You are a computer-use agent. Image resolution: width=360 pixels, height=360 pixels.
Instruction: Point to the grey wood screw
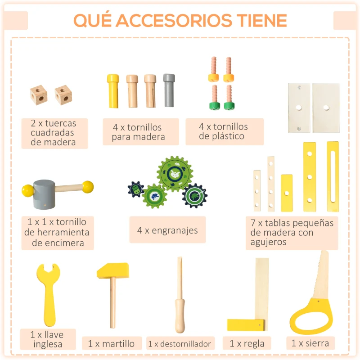click(x=169, y=90)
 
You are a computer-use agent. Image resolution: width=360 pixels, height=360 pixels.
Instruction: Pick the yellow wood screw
click(x=112, y=90)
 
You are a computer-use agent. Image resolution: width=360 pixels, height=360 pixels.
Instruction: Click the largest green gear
click(x=175, y=174)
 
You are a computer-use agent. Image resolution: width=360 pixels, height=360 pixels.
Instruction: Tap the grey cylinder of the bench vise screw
click(x=44, y=194)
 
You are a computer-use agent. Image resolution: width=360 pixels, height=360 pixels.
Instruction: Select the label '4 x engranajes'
click(x=167, y=230)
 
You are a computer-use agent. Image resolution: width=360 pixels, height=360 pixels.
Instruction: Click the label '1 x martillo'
click(x=111, y=344)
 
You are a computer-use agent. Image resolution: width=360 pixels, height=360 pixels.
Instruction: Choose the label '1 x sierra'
click(x=310, y=343)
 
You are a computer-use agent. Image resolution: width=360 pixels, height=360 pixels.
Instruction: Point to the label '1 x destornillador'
click(x=180, y=344)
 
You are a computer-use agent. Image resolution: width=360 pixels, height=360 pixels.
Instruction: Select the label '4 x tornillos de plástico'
click(x=224, y=131)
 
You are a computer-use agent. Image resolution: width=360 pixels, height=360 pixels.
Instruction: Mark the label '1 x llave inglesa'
click(x=47, y=340)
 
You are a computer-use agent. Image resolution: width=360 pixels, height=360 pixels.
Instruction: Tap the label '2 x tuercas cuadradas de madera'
click(x=54, y=133)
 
